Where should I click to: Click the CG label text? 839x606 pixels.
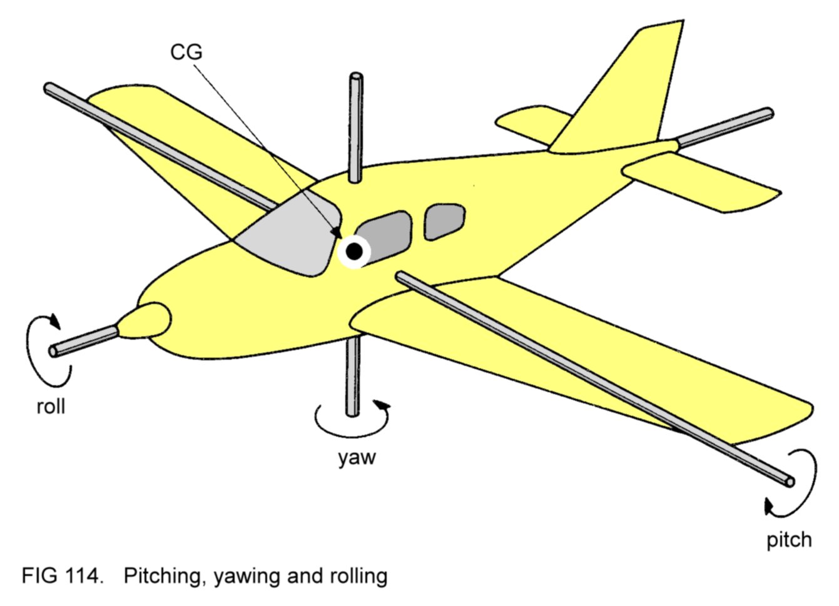pyautogui.click(x=186, y=52)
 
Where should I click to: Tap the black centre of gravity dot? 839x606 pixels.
pyautogui.click(x=354, y=251)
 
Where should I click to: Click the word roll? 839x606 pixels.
pyautogui.click(x=51, y=407)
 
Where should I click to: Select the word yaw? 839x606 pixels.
pyautogui.click(x=357, y=457)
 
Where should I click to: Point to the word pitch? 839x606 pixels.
pyautogui.click(x=789, y=539)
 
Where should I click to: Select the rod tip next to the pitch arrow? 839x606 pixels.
pyautogui.click(x=788, y=481)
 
